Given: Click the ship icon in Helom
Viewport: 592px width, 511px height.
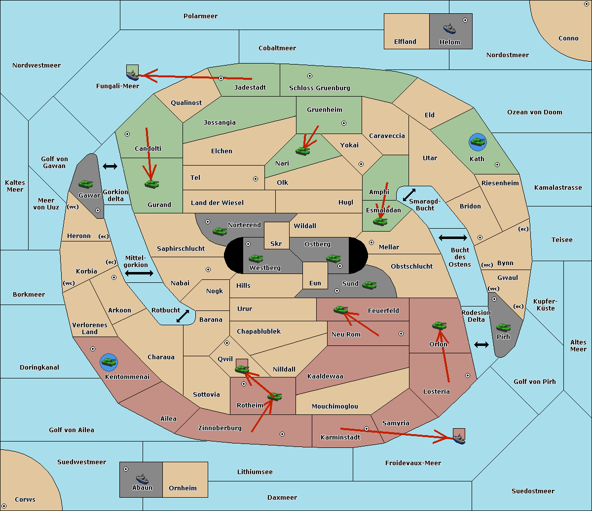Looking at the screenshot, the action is coord(449,29).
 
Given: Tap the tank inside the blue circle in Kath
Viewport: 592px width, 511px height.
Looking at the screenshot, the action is coord(478,141).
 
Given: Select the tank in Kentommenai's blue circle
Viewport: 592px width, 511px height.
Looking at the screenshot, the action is coord(109,362).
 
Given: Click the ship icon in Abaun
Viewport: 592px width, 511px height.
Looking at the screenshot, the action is coord(142,478).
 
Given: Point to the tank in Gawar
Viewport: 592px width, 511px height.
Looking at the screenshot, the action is coord(85,184).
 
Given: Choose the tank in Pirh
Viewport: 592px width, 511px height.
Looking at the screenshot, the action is coord(503,327).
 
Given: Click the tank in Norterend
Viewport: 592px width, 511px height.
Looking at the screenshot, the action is coord(220,231).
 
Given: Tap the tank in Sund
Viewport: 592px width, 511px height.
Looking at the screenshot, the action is coord(369,285).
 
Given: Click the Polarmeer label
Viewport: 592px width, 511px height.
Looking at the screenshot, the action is coord(200,16).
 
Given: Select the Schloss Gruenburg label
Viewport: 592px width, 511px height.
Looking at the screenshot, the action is coord(320,88).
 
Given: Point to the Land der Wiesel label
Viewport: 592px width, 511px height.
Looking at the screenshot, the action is coord(217,203).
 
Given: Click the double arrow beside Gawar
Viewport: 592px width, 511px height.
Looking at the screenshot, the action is coord(110,166).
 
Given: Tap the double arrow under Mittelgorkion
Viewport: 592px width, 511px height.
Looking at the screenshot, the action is coord(139,273).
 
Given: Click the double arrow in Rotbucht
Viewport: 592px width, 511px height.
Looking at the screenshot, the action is coord(183,316).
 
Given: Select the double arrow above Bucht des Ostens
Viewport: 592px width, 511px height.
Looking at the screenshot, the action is coord(453,238).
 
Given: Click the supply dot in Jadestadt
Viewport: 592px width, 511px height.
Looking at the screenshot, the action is coord(221,78).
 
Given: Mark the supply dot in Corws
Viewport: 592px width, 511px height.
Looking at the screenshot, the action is coord(4,506).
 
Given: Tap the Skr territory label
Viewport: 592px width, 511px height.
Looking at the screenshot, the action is coord(276,243).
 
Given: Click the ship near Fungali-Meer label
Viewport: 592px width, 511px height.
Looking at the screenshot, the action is coord(132,75).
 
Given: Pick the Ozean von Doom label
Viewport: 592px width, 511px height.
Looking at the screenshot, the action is coord(535,112).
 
